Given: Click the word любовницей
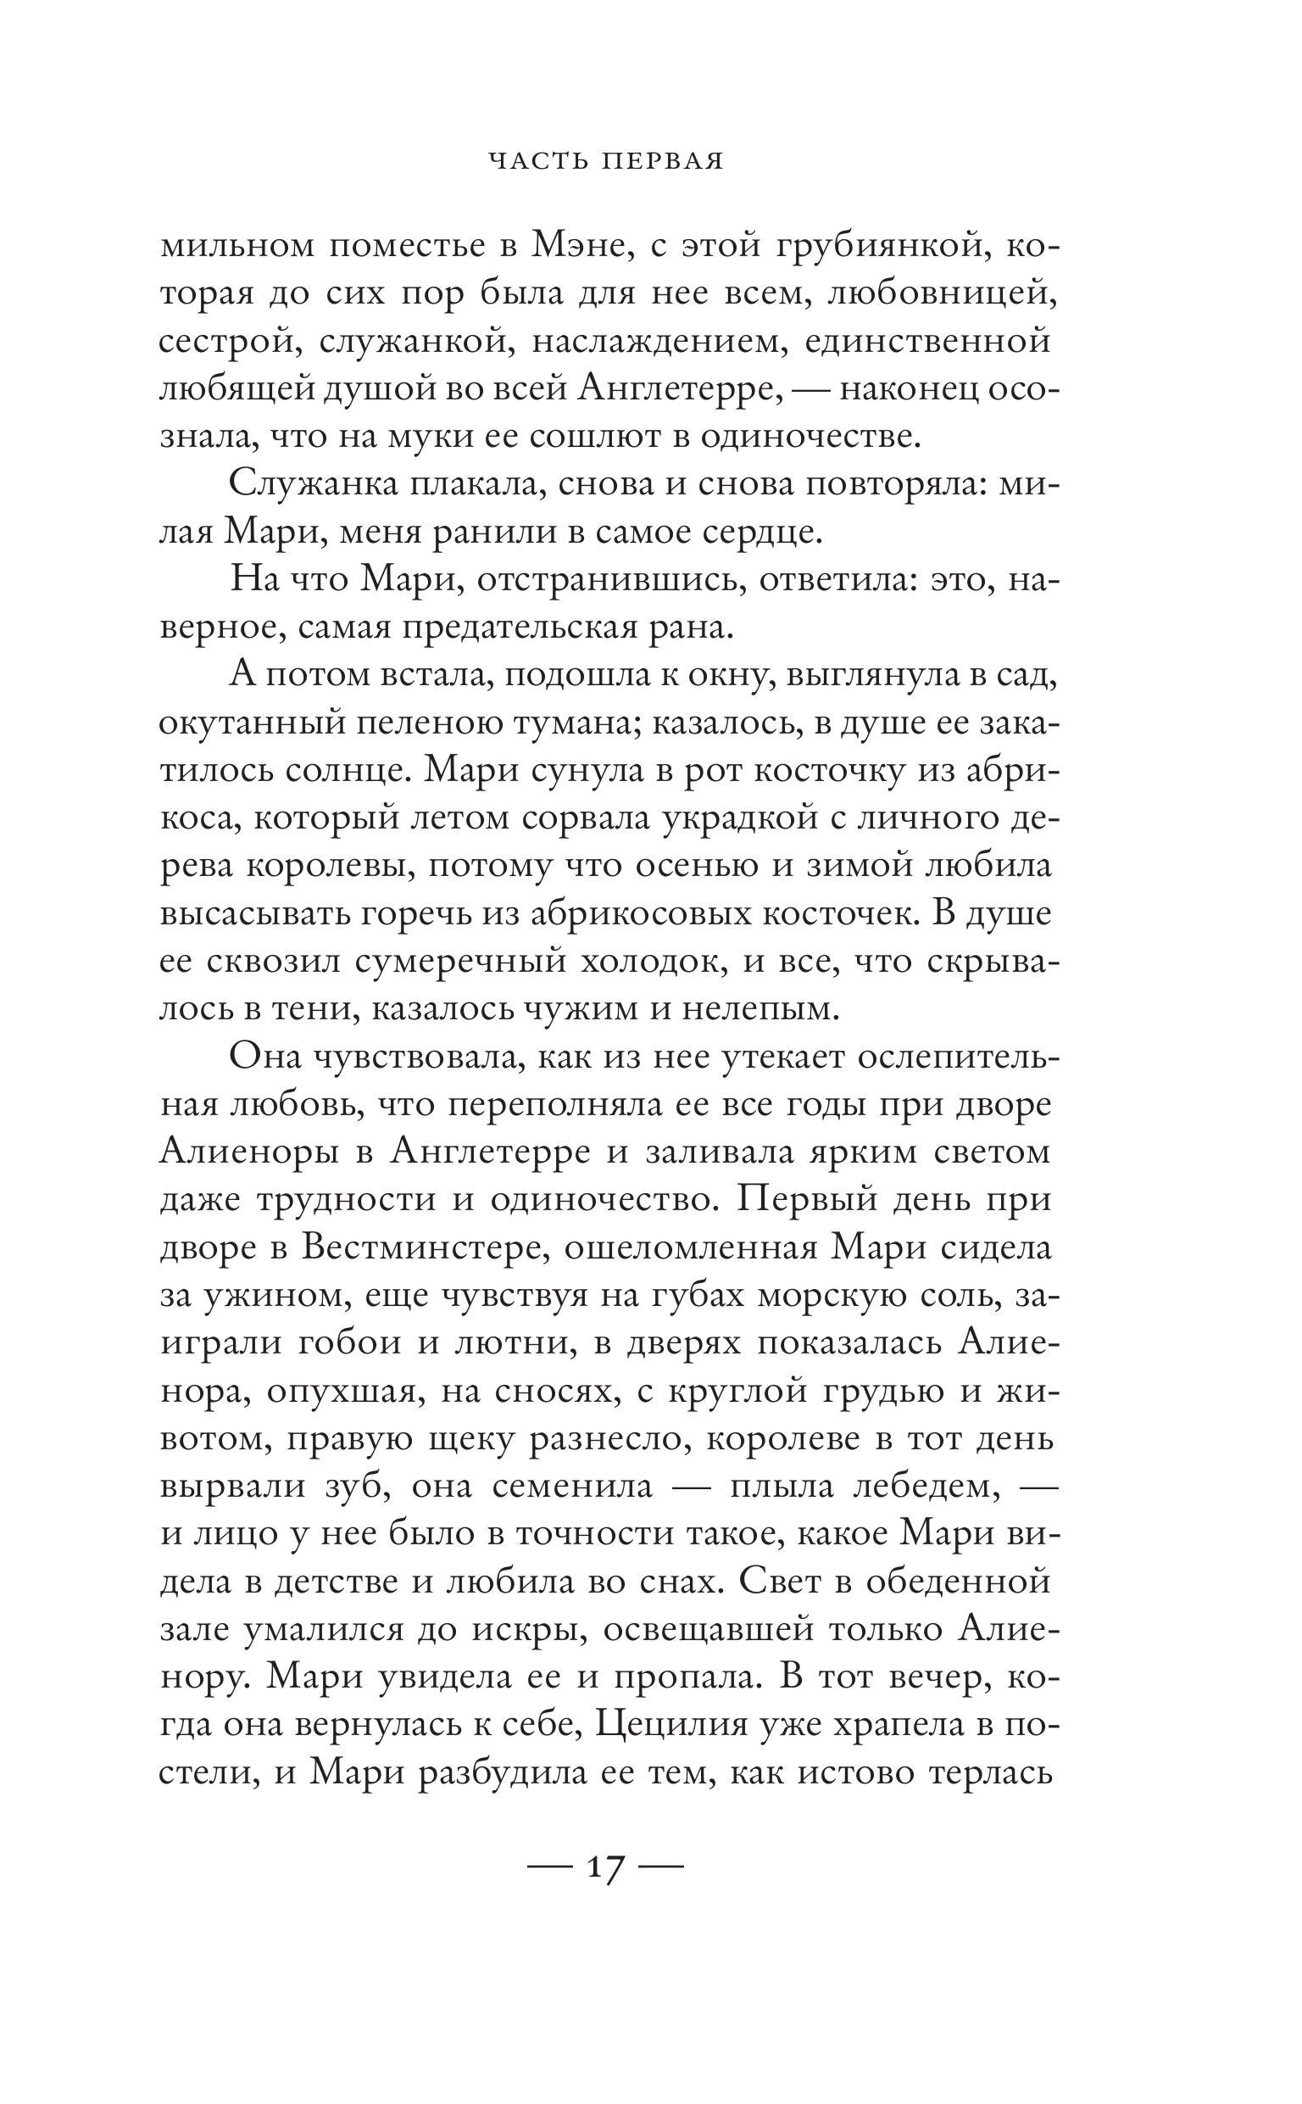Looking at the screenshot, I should click(940, 295).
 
